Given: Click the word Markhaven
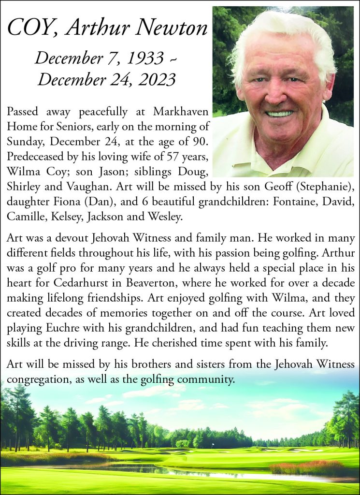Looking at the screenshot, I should coord(180,112).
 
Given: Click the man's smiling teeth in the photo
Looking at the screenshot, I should coord(280,114).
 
